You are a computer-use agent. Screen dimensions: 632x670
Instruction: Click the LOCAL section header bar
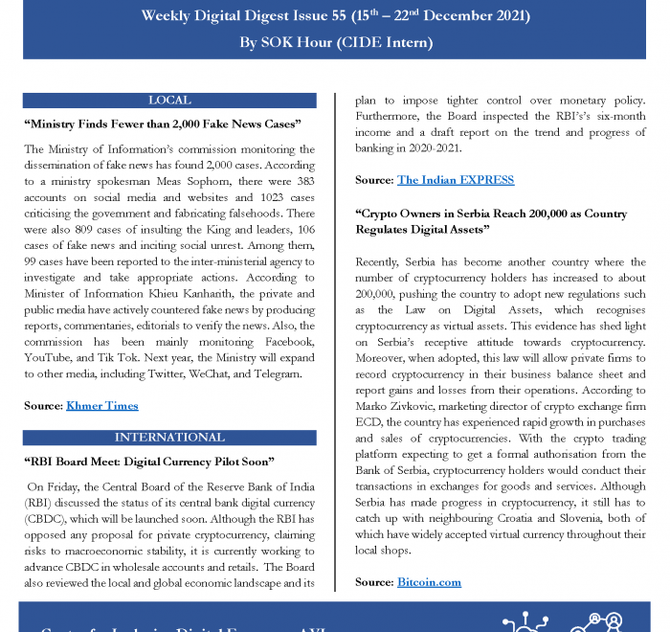(x=169, y=101)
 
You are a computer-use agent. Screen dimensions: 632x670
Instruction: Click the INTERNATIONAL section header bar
(x=169, y=438)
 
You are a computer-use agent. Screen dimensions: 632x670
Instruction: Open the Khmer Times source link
(x=102, y=406)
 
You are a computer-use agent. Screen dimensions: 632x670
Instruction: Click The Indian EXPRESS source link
(x=456, y=180)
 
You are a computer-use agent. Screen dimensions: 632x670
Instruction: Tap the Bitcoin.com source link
(x=429, y=582)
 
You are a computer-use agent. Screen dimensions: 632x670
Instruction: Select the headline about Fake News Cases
(x=163, y=124)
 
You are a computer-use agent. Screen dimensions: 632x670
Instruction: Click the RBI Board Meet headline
(x=150, y=462)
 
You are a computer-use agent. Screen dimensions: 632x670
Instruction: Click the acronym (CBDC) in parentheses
(x=45, y=519)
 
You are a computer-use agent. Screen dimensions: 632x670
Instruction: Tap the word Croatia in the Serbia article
(x=517, y=519)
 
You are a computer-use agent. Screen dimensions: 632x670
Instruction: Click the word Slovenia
(x=592, y=519)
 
